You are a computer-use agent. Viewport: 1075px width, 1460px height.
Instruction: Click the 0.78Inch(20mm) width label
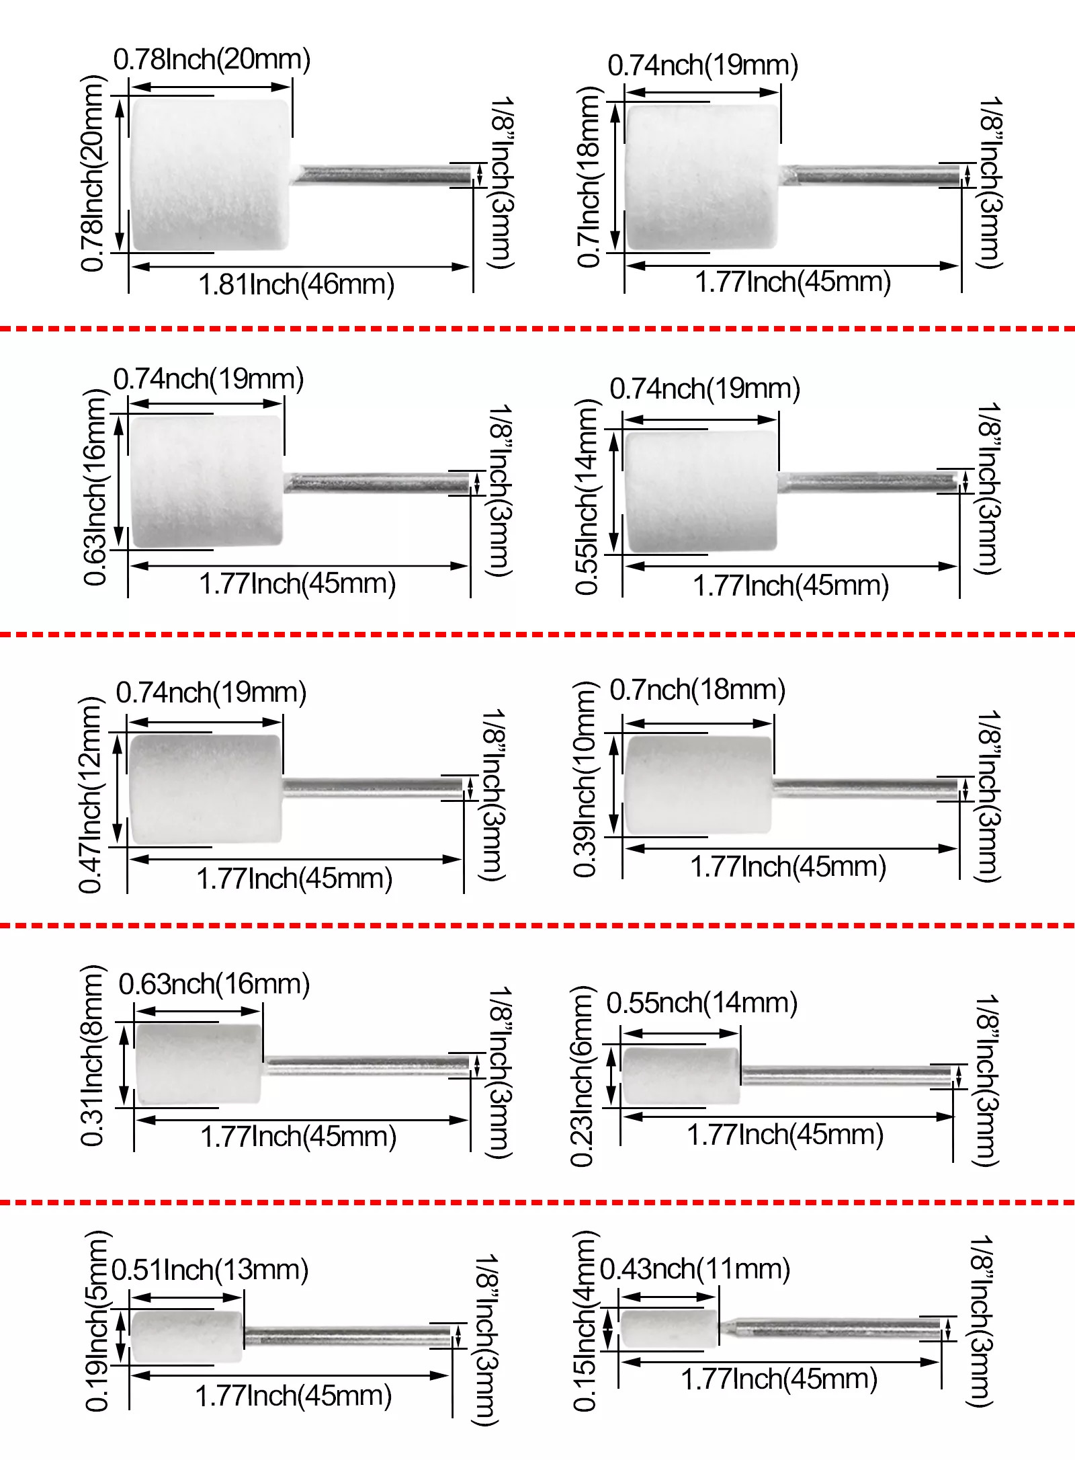212,60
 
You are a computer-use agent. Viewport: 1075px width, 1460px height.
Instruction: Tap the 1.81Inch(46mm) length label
296,284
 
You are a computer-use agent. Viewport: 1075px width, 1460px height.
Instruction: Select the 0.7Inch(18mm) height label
589,177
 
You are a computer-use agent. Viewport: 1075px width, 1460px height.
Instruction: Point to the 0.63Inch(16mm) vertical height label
95,487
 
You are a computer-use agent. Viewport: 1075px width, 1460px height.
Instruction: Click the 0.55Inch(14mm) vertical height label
587,496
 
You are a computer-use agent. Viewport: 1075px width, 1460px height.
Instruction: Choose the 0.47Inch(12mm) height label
91,795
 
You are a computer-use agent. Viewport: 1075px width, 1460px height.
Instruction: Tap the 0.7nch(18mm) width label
697,690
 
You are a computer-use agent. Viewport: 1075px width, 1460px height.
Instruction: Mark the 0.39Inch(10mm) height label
585,779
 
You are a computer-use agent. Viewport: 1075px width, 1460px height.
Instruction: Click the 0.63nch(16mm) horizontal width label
214,984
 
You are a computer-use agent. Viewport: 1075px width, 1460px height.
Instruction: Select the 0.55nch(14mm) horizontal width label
702,1003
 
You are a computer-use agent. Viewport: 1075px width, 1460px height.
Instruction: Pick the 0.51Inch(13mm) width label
210,1270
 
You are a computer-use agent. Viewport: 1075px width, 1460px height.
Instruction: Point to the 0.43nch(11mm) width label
695,1269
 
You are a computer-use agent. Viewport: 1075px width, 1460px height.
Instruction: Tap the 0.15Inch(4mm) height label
585,1320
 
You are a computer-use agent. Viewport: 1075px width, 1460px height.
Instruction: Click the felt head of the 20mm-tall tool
210,175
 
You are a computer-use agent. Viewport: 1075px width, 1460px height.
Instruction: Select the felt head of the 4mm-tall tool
669,1328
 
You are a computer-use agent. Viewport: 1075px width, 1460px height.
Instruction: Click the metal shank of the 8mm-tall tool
366,1065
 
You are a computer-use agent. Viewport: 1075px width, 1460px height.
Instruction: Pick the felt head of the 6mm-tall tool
681,1075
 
